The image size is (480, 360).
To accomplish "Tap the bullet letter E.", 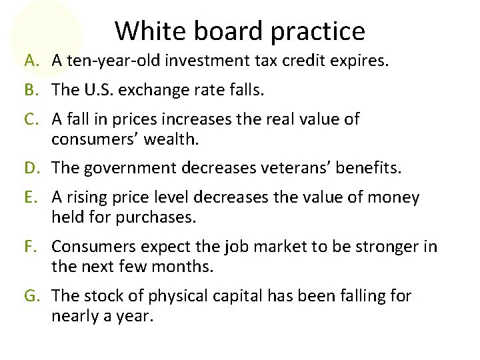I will coord(31,197).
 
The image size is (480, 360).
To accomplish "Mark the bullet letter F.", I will coord(31,246).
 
